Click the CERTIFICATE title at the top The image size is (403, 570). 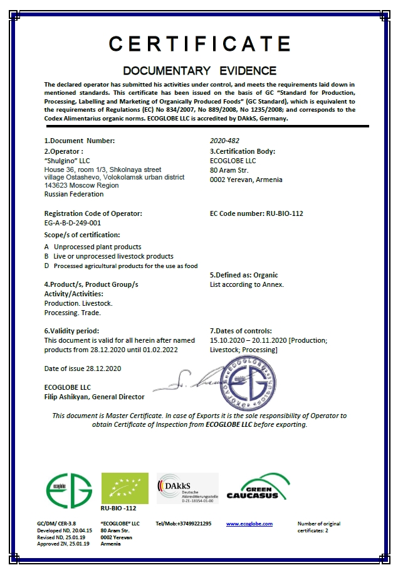click(200, 43)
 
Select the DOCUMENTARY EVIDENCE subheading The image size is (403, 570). click(199, 70)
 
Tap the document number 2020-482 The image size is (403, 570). click(224, 141)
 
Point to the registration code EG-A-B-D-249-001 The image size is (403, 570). click(72, 223)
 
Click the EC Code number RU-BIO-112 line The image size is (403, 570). click(256, 213)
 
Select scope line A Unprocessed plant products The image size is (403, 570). click(92, 247)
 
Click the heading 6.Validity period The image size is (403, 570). click(71, 330)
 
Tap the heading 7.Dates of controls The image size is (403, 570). click(241, 330)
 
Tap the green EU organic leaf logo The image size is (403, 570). click(125, 488)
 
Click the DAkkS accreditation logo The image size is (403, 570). click(187, 488)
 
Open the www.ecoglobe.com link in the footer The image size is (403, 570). click(249, 524)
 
